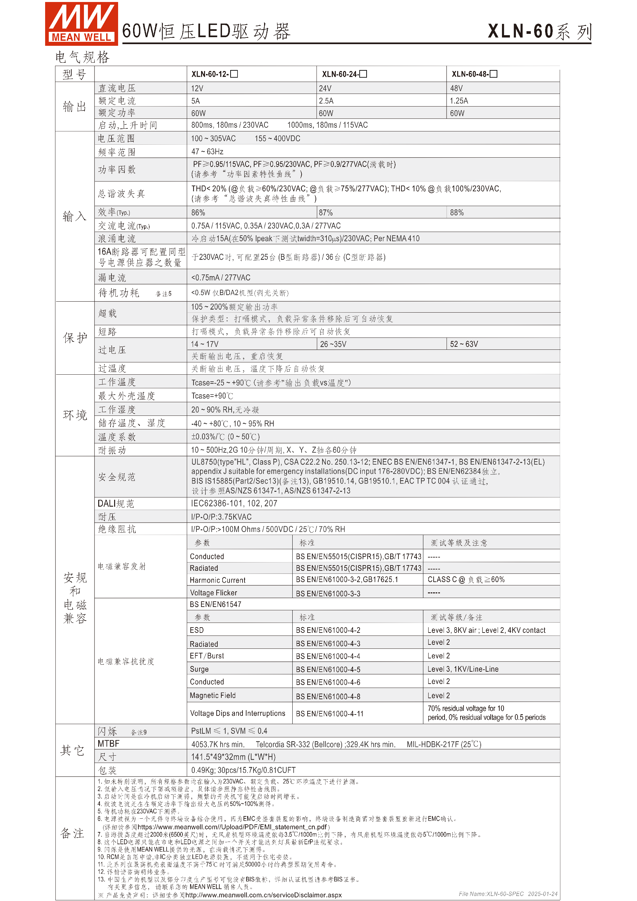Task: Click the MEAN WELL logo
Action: click(81, 23)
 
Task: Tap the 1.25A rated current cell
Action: click(459, 101)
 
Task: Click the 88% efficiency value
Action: click(457, 213)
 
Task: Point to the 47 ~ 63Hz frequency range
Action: click(207, 151)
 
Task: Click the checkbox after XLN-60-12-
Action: click(234, 74)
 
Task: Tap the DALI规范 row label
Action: click(116, 503)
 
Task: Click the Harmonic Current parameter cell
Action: click(217, 580)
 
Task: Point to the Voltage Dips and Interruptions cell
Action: click(237, 713)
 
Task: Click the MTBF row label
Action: click(108, 744)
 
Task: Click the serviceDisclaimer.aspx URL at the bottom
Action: click(263, 895)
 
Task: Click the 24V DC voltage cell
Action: click(325, 88)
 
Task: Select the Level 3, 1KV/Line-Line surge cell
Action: click(463, 669)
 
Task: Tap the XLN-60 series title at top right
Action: click(539, 32)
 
